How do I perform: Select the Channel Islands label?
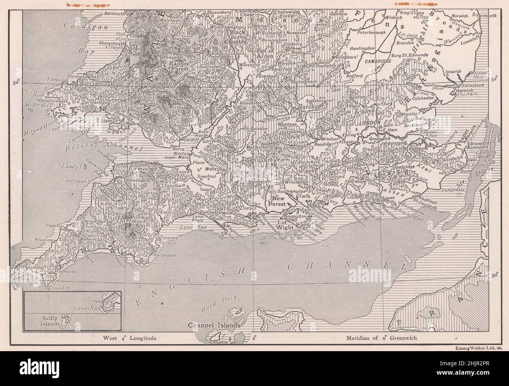[213, 325]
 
